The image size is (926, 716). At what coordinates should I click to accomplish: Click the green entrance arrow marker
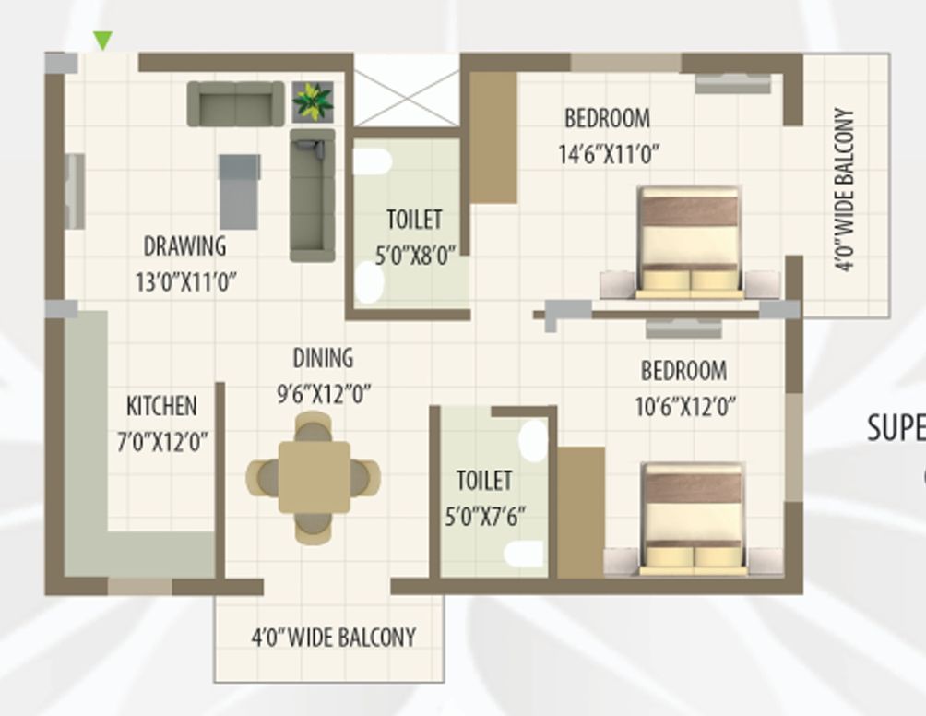coord(103,40)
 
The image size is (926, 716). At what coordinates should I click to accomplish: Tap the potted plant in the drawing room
coord(313,101)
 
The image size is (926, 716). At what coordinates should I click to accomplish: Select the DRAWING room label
coord(184,246)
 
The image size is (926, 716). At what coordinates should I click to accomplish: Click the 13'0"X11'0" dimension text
coord(185,281)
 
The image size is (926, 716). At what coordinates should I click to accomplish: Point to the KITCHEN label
coord(161,406)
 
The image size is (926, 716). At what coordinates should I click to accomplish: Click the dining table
coord(314,477)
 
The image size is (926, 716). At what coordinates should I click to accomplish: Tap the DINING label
coord(323,358)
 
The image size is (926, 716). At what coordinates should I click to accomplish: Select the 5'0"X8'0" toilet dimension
coord(415,256)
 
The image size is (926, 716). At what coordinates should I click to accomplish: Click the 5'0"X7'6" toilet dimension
coord(484,517)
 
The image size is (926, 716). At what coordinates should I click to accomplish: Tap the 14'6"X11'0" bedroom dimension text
coord(609,154)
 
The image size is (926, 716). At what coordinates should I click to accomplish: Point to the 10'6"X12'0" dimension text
coord(685,407)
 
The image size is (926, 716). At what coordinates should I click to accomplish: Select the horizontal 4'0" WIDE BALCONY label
coord(333,638)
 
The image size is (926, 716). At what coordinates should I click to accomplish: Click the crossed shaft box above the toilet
coord(407,89)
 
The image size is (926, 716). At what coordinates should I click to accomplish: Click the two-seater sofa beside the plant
coord(235,103)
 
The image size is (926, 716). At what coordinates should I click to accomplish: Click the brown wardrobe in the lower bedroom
coord(581,512)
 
